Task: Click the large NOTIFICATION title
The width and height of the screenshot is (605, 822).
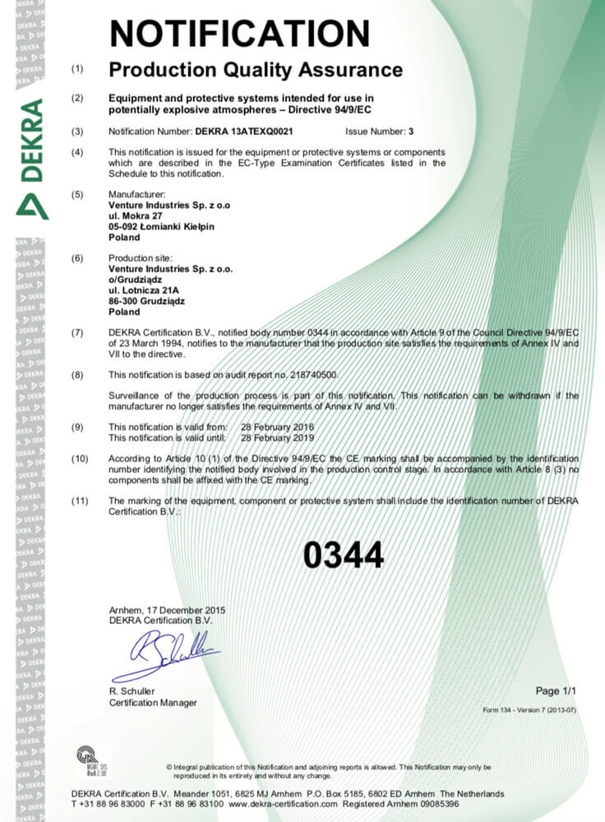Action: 239,33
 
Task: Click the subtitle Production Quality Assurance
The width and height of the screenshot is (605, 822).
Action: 256,69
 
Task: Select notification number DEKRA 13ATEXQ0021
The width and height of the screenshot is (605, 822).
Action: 244,131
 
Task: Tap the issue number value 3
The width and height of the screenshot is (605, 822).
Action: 411,131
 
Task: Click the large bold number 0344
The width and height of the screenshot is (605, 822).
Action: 343,556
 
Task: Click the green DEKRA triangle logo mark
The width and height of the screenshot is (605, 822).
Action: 32,205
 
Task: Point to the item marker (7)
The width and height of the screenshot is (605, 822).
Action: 78,332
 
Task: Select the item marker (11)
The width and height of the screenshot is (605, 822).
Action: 80,501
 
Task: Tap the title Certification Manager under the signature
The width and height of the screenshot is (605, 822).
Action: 153,703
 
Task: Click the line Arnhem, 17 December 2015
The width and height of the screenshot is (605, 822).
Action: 167,610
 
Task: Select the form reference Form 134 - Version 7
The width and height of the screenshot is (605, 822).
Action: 529,709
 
